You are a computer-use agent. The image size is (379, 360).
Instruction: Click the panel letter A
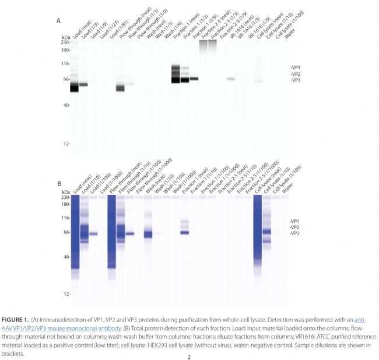coord(58,21)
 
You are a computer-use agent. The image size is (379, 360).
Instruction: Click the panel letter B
coord(58,183)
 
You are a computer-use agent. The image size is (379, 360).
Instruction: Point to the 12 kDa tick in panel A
coord(66,144)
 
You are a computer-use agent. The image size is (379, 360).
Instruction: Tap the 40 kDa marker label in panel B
coord(66,257)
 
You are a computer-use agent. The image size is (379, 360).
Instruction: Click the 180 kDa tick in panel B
coord(65,204)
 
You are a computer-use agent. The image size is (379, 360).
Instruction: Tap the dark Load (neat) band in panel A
coord(74,88)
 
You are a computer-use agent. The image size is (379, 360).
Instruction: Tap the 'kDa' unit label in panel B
coord(65,191)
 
